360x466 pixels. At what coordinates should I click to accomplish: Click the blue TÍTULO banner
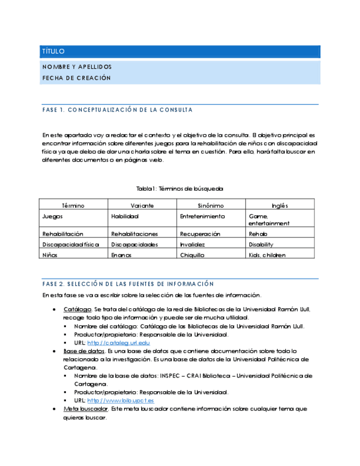(180, 52)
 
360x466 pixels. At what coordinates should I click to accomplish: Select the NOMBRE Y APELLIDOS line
(77, 67)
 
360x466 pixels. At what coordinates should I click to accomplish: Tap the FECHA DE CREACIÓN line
(76, 78)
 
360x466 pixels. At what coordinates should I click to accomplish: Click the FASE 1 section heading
(117, 110)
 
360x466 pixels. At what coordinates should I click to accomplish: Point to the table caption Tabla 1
(180, 188)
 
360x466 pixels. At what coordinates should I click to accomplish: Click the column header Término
(73, 206)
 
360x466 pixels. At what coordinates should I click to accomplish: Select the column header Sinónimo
(211, 206)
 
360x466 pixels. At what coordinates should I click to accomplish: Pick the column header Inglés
(280, 206)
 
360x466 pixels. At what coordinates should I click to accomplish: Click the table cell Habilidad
(125, 217)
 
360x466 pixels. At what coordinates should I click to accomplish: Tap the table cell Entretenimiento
(202, 217)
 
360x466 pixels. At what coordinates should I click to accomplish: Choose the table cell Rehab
(258, 234)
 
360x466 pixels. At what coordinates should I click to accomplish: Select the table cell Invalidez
(192, 245)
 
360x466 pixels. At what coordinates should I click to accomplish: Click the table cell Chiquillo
(192, 255)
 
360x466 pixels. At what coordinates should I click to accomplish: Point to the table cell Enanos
(121, 255)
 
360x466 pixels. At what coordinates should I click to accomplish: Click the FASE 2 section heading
(128, 284)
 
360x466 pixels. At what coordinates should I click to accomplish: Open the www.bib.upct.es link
(120, 401)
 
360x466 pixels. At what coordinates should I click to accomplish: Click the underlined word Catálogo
(76, 309)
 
